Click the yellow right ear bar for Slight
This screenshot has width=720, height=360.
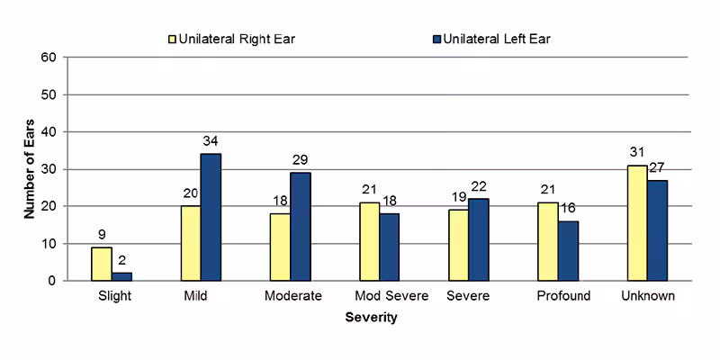(102, 264)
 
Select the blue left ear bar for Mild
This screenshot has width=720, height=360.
(211, 217)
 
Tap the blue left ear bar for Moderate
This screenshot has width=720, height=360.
(300, 226)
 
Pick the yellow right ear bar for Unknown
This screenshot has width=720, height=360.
(636, 222)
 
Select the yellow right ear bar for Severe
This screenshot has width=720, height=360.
(458, 245)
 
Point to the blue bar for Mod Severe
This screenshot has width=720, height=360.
(389, 247)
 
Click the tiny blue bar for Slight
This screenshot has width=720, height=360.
(121, 276)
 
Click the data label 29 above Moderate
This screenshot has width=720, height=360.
(301, 159)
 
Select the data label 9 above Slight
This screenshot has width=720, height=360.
(102, 235)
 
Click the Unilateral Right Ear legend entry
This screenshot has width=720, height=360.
(229, 39)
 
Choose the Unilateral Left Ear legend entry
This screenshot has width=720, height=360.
(490, 39)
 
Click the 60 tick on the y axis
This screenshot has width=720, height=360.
(49, 58)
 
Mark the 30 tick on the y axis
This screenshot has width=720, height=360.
(49, 169)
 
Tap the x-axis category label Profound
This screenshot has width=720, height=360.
(563, 297)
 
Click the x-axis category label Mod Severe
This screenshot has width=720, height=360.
(391, 297)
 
